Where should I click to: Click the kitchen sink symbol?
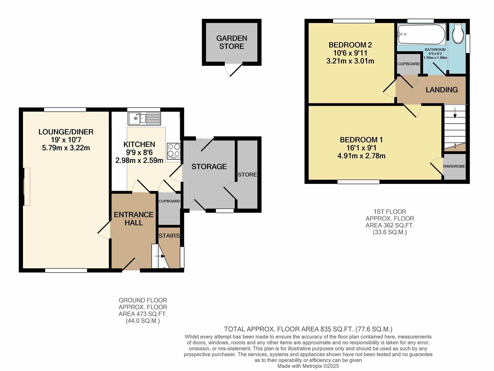pyautogui.click(x=144, y=119)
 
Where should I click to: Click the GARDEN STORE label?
pyautogui.click(x=232, y=42)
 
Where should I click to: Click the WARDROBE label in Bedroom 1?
pyautogui.click(x=454, y=166)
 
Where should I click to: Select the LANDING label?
pyautogui.click(x=442, y=90)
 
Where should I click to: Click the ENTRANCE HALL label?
pyautogui.click(x=133, y=218)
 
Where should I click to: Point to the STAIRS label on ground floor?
pyautogui.click(x=169, y=236)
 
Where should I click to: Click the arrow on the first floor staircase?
pyautogui.click(x=455, y=113)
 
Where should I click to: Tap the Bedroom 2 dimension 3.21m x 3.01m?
pyautogui.click(x=350, y=61)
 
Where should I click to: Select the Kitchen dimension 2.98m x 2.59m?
pyautogui.click(x=139, y=160)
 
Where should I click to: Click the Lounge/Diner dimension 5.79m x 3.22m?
pyautogui.click(x=66, y=148)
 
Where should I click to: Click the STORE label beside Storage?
pyautogui.click(x=247, y=175)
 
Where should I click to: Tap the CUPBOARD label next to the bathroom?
pyautogui.click(x=408, y=64)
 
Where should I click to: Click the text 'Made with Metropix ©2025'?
pyautogui.click(x=308, y=366)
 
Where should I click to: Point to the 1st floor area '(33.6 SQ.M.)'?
pyautogui.click(x=390, y=232)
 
